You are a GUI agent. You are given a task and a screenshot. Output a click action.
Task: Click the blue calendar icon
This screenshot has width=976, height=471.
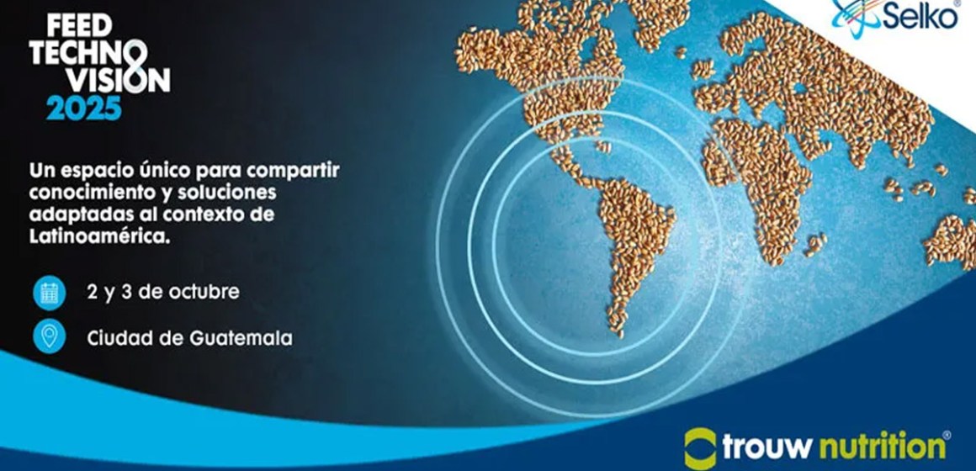tap(50, 293)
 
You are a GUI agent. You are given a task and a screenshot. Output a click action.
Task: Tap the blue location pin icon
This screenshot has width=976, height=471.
tap(50, 338)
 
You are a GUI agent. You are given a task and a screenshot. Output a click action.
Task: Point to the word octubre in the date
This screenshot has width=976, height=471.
tap(206, 293)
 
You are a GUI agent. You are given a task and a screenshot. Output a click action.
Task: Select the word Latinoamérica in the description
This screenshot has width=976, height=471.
tap(93, 237)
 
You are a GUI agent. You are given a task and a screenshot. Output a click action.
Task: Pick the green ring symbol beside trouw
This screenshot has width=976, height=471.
tap(700, 446)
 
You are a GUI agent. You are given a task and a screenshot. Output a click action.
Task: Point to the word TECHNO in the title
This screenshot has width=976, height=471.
tap(79, 51)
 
